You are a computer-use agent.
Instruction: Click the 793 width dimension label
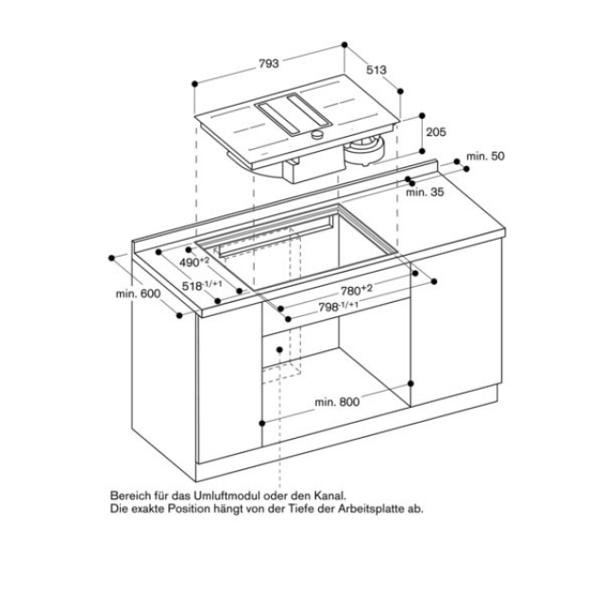pos(268,63)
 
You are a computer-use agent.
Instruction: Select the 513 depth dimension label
pos(377,70)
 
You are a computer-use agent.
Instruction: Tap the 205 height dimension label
pos(436,132)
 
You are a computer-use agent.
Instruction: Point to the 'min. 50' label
pos(485,156)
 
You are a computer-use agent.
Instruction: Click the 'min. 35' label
pos(425,192)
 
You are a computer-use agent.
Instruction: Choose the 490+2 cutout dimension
pos(194,262)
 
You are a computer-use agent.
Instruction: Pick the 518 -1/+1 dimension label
pos(202,285)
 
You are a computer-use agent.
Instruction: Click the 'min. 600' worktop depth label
pos(138,294)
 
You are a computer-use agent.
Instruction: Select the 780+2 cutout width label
pos(357,290)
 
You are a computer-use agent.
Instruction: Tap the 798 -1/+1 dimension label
pos(338,307)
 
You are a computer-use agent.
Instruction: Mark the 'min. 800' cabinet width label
pos(337,402)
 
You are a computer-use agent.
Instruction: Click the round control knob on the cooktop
pos(317,134)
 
